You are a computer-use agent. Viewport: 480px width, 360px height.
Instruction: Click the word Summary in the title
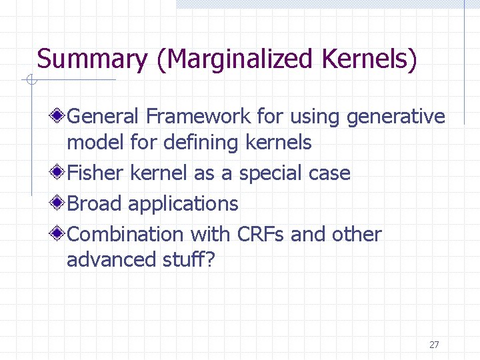pyautogui.click(x=92, y=59)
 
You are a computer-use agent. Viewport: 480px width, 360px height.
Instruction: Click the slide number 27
pyautogui.click(x=434, y=345)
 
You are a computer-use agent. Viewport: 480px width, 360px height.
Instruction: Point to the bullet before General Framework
pyautogui.click(x=59, y=117)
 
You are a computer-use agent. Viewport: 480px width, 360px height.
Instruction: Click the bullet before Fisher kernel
pyautogui.click(x=59, y=173)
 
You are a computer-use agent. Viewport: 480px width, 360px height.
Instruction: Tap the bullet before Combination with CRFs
pyautogui.click(x=59, y=235)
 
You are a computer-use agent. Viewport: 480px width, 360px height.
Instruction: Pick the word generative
pyautogui.click(x=395, y=117)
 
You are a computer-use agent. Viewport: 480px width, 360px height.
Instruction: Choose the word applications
pyautogui.click(x=183, y=204)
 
